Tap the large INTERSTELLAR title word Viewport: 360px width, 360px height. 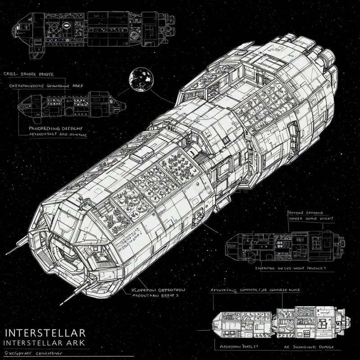coord(45,333)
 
